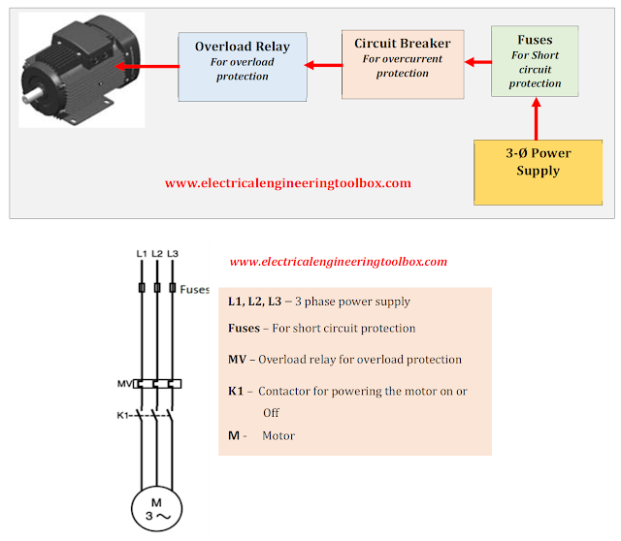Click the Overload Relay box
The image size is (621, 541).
(243, 67)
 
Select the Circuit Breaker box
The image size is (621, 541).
(403, 64)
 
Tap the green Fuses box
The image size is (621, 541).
(535, 61)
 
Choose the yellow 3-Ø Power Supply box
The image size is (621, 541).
(538, 173)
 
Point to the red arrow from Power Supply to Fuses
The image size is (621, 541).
(537, 118)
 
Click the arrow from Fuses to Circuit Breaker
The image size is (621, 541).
(478, 62)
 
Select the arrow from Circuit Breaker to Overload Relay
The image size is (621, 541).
(323, 65)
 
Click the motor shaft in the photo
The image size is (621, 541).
(33, 95)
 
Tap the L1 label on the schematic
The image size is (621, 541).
(142, 254)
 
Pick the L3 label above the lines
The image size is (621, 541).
(173, 254)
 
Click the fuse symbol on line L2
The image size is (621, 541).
(157, 288)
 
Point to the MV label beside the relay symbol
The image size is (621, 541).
(125, 384)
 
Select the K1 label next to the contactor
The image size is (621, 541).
(123, 415)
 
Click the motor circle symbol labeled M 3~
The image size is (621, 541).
(157, 509)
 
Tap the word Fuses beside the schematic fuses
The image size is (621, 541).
(194, 289)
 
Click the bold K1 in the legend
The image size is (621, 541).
(236, 391)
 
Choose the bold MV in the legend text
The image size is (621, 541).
(237, 360)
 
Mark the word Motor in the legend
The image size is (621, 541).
(278, 435)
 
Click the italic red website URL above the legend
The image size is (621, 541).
(339, 262)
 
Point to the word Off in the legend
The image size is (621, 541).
(271, 413)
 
